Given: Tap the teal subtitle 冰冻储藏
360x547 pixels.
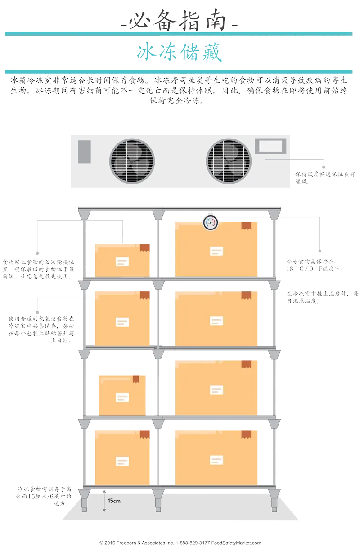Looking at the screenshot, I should pos(180,53).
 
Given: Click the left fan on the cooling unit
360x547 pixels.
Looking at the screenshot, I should pos(132,161).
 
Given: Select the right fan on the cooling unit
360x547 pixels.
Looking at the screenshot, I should pos(229,161).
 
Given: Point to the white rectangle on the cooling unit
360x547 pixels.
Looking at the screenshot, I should pos(270,146).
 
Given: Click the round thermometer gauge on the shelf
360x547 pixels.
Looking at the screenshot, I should pos(210,223).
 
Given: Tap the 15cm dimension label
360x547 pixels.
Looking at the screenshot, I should pos(114,501).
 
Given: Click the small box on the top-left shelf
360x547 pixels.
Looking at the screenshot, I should pos(122,260).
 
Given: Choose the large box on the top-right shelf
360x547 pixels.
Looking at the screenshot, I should pos(216,249).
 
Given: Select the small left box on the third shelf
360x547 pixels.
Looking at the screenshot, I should pos(122,395).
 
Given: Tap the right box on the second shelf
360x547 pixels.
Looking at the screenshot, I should pos(216,319).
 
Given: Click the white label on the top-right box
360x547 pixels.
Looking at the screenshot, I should pos(216,251).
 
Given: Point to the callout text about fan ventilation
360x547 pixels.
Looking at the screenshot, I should pos(325,177).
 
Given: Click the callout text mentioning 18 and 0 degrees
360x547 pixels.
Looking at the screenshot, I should pos(315,265).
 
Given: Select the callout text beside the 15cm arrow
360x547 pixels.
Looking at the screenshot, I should pos(44,497).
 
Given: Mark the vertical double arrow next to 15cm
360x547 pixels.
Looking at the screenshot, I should pos(104,500).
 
